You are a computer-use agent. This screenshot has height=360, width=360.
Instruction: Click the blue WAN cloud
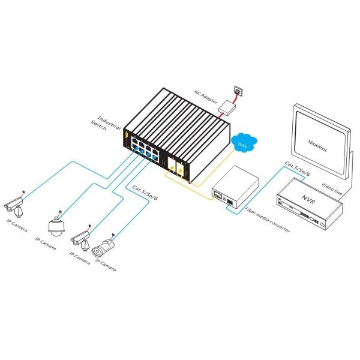244,142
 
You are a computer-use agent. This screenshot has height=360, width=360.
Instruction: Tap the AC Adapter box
227,107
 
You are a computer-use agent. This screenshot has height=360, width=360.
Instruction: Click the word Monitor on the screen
317,146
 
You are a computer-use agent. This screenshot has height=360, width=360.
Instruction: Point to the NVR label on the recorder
308,199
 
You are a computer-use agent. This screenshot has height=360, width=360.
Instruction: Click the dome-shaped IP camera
56,226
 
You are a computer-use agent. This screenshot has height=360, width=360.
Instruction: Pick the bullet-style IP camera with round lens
103,248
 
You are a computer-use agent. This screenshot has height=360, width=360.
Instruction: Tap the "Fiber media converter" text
268,220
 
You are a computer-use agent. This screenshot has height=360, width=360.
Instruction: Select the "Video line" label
332,189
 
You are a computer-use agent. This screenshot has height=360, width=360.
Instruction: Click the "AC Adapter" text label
205,97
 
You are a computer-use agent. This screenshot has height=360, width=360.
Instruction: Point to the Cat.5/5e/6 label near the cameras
145,193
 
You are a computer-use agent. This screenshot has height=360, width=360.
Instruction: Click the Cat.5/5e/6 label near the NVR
298,169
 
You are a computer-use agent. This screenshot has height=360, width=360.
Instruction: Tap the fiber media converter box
235,187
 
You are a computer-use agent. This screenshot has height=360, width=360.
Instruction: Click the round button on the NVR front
311,218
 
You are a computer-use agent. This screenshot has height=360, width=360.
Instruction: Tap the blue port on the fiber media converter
230,202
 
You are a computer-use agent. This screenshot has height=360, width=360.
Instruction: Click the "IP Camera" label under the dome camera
46,244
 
